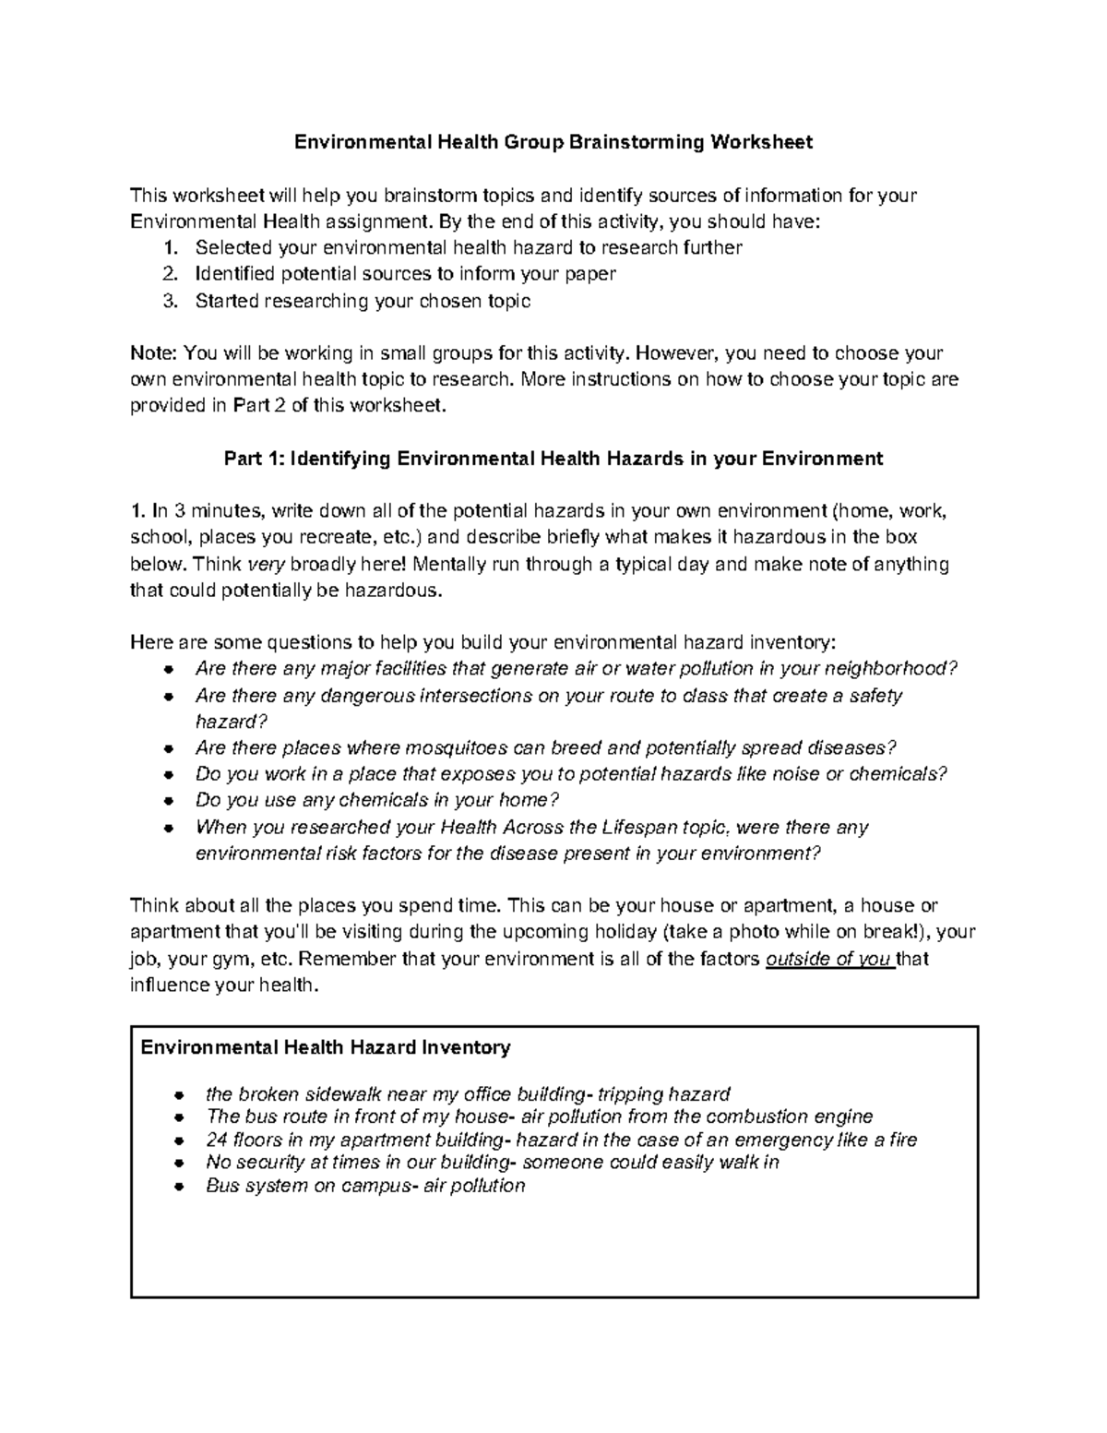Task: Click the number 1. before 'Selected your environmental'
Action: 169,248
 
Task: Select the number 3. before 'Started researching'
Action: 169,301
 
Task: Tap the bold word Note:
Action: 154,353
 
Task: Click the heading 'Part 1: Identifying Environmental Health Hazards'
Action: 553,459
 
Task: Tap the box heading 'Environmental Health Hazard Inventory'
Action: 325,1047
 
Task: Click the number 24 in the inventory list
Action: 217,1140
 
